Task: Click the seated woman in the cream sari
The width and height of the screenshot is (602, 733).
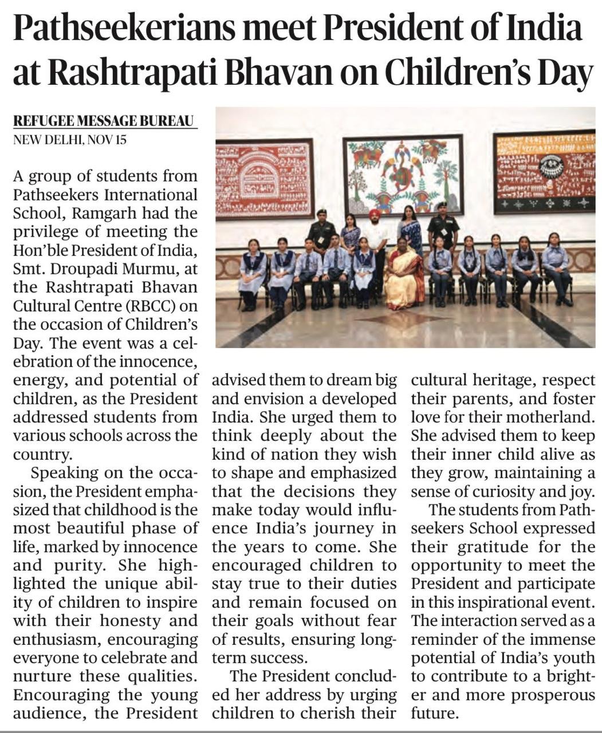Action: (403, 273)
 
